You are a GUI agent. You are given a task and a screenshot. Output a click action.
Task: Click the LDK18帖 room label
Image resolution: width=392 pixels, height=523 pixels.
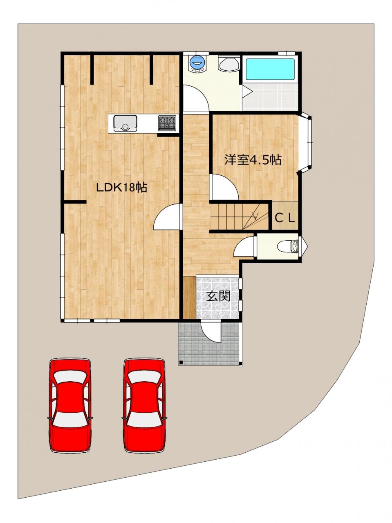point(121,188)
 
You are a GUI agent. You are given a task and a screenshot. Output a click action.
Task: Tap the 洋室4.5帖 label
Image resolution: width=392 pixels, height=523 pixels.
point(253,160)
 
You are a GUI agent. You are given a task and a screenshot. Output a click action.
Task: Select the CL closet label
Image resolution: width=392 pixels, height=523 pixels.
point(285,217)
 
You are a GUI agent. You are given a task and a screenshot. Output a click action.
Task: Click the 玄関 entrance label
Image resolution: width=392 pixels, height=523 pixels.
point(218,296)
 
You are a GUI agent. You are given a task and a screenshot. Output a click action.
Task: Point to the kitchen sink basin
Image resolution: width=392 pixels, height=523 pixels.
point(125,123)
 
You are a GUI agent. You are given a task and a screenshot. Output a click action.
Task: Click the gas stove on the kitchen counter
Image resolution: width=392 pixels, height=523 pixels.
point(167,123)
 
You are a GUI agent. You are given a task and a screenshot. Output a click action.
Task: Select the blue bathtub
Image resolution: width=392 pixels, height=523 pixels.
point(270,69)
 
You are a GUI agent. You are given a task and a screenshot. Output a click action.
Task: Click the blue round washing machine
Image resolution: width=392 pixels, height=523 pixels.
point(197,63)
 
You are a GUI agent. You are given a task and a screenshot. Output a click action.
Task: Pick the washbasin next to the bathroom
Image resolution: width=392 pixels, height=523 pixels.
point(229,63)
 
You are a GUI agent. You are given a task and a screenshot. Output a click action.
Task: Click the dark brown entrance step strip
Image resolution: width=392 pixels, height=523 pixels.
point(189,297)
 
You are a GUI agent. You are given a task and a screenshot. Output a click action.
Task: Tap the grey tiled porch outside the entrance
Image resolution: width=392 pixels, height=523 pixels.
point(209,343)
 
